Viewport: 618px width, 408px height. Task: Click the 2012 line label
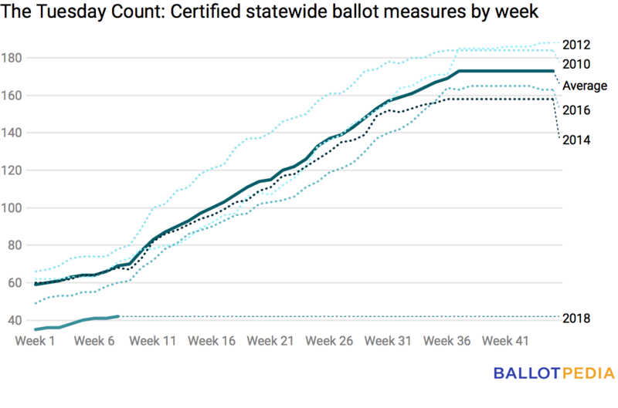point(577,43)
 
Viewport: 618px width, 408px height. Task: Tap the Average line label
point(584,86)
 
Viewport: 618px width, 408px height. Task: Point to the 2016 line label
point(577,110)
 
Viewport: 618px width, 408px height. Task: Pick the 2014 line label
point(577,140)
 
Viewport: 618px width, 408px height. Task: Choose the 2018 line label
point(577,318)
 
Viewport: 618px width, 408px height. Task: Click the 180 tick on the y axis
point(19,58)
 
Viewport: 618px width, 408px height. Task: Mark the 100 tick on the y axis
point(19,208)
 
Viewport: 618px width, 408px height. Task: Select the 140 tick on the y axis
point(19,133)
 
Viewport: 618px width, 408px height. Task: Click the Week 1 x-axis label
point(41,341)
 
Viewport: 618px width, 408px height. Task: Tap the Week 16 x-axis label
point(212,341)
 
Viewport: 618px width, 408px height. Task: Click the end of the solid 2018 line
point(117,316)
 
